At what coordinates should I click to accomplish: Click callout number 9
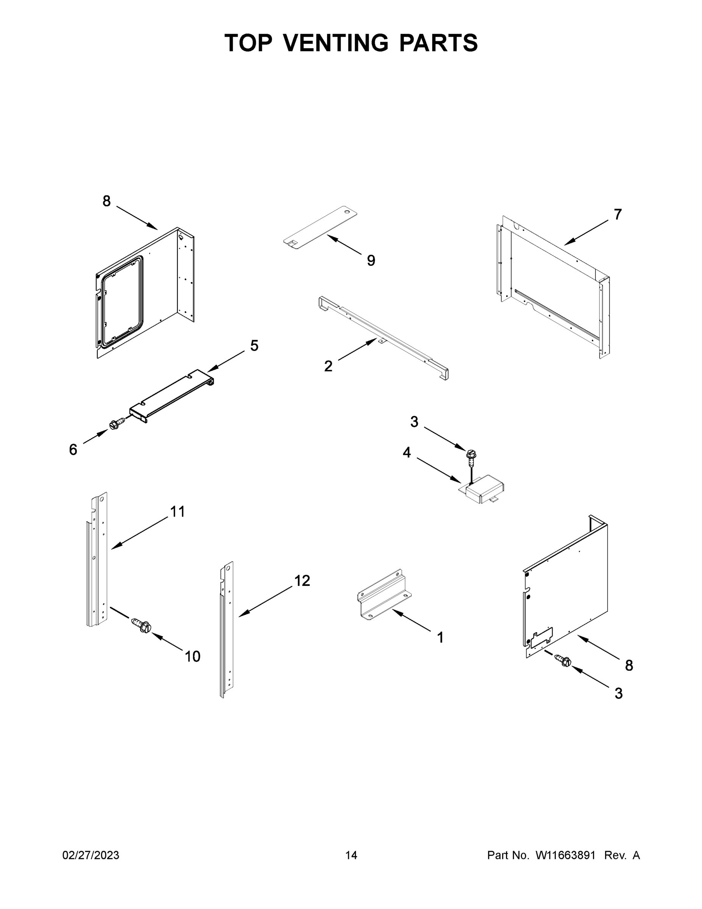[x=371, y=261]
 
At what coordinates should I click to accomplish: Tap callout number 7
[x=618, y=215]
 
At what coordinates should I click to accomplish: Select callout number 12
[x=302, y=581]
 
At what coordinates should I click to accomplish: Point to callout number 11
[x=177, y=512]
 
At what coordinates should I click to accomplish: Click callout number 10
[x=193, y=657]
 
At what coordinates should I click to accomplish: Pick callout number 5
[x=254, y=345]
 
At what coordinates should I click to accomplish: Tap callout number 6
[x=73, y=450]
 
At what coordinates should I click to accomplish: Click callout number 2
[x=328, y=367]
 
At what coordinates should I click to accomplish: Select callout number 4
[x=407, y=453]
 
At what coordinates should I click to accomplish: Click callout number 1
[x=441, y=638]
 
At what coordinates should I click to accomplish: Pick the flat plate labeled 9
[x=320, y=228]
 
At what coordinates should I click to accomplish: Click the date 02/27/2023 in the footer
[x=91, y=855]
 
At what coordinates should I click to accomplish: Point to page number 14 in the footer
[x=351, y=855]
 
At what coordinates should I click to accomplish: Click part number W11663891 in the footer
[x=565, y=855]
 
